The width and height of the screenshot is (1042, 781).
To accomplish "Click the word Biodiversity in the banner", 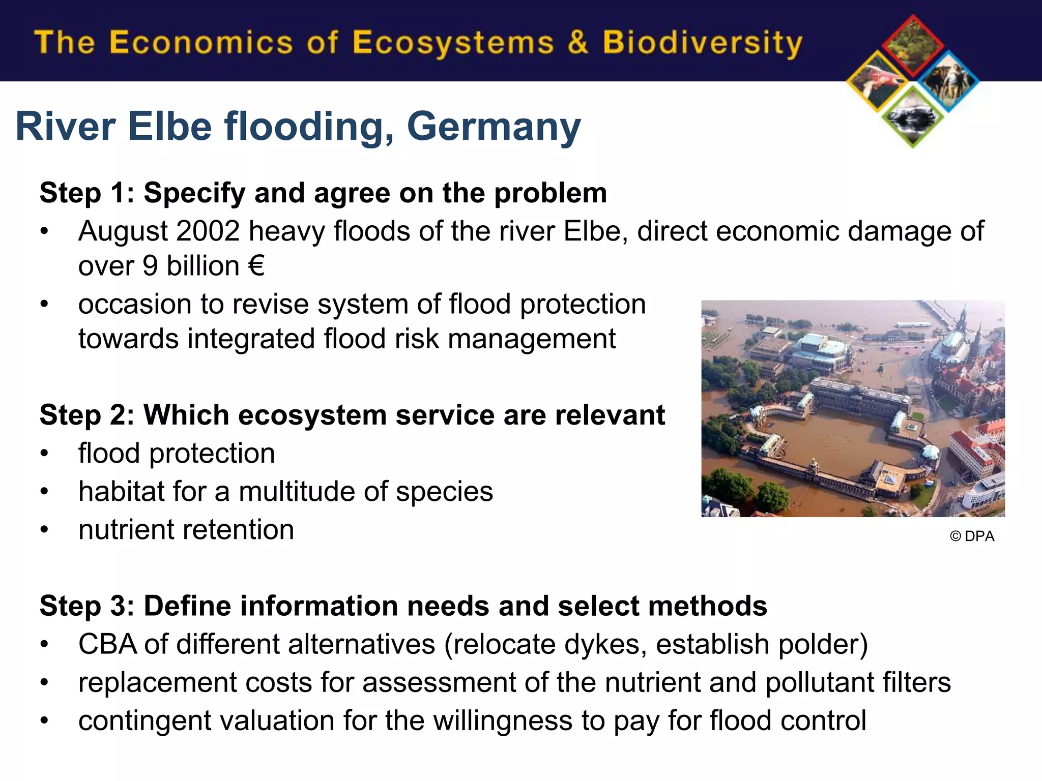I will tap(702, 43).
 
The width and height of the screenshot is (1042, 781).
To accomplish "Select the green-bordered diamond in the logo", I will tap(913, 117).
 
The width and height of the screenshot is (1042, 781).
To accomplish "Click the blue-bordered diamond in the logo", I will tap(948, 81).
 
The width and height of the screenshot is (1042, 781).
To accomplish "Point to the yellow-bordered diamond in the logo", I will tap(878, 81).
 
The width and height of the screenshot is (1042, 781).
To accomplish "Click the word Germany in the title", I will tap(494, 127).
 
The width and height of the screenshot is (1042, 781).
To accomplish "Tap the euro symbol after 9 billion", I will tap(256, 266).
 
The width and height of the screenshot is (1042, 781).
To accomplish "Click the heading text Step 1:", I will tap(86, 193).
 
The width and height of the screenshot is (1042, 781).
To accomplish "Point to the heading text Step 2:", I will tap(86, 415).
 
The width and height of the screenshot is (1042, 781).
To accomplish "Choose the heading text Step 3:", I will tap(86, 606).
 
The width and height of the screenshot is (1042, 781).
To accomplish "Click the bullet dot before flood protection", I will tap(45, 454).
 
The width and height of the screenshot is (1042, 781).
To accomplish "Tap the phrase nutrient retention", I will tap(186, 530).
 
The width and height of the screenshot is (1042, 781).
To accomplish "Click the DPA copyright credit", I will tap(972, 536).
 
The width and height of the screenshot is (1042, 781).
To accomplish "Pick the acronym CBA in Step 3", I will tap(107, 644).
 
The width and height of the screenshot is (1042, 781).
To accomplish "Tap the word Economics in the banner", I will tap(201, 43).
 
